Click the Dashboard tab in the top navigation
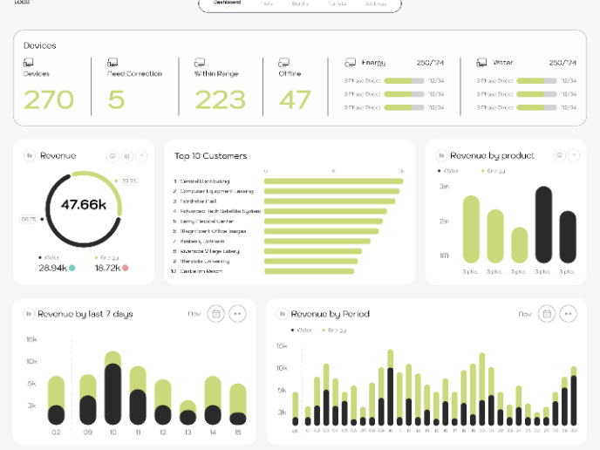pos(227,3)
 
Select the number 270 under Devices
pos(49,99)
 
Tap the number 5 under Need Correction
pos(116,99)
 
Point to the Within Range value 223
pos(220,99)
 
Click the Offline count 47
pos(295,99)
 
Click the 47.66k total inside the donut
pos(84,206)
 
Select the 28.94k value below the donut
pos(52,268)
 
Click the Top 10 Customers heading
pos(210,156)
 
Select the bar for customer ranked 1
pos(333,181)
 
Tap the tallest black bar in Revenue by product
pos(543,225)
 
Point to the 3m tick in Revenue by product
pos(444,187)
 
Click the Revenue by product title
pos(492,155)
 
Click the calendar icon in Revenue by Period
pos(547,314)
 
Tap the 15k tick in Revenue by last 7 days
pos(31,339)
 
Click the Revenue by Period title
pos(330,314)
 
